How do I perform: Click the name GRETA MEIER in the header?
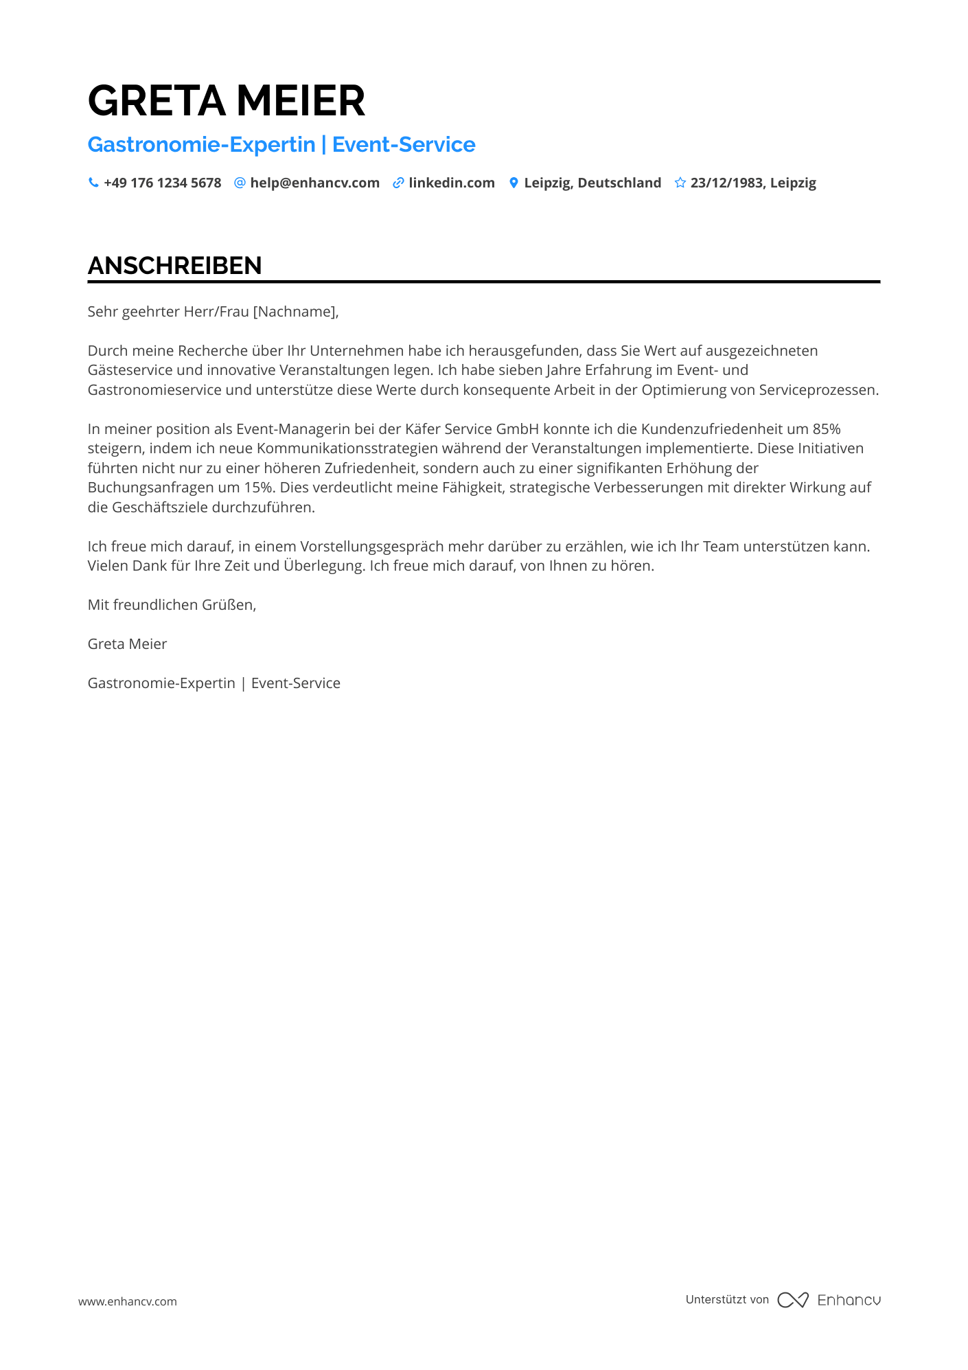click(x=227, y=101)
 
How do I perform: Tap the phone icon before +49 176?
click(x=93, y=183)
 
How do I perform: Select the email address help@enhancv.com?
click(x=314, y=183)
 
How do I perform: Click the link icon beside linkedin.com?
click(x=398, y=183)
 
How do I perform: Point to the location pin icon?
click(x=514, y=183)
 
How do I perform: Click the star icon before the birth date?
click(x=680, y=183)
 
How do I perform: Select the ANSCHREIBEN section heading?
click(x=174, y=266)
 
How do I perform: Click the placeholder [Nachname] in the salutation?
click(x=295, y=312)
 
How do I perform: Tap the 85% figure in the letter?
click(x=827, y=429)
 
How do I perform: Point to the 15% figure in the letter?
click(x=259, y=488)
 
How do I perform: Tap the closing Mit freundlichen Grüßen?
click(x=172, y=605)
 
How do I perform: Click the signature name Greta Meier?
click(x=127, y=644)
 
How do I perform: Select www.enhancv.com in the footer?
click(x=127, y=1301)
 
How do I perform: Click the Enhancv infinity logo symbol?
click(x=793, y=1300)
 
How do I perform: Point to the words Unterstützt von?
click(x=727, y=1299)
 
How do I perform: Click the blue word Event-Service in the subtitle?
click(x=404, y=145)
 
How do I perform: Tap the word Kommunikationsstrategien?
click(x=347, y=448)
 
